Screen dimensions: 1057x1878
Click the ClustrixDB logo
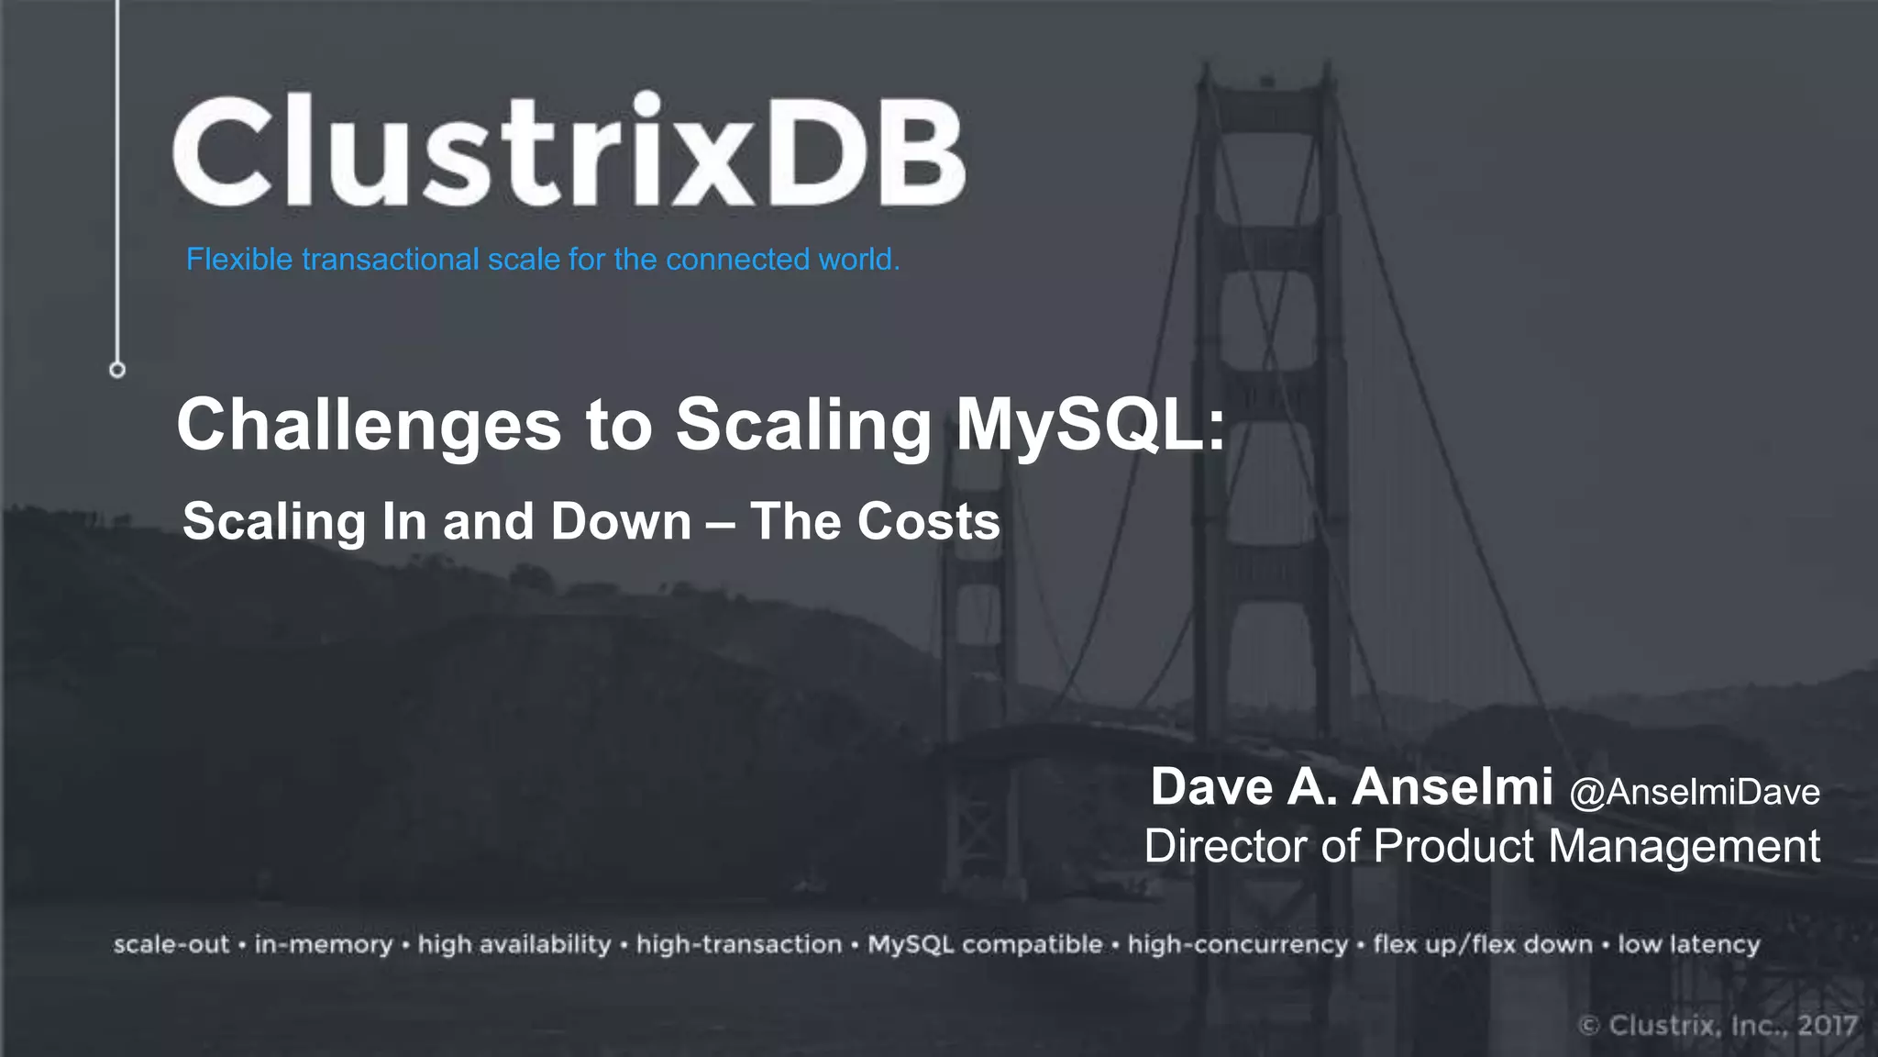pyautogui.click(x=569, y=151)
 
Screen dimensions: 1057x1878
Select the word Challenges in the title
pyautogui.click(x=369, y=425)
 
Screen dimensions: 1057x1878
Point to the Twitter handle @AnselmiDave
pyautogui.click(x=1695, y=792)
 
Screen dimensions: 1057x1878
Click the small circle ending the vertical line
pyautogui.click(x=117, y=370)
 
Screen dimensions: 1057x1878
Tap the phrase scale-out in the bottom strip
pyautogui.click(x=171, y=944)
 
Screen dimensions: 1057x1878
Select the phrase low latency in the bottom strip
pyautogui.click(x=1688, y=944)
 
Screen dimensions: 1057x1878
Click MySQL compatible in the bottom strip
pyautogui.click(x=985, y=944)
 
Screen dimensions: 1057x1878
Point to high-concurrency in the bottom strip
pyautogui.click(x=1238, y=944)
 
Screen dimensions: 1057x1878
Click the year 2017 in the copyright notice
pyautogui.click(x=1827, y=1025)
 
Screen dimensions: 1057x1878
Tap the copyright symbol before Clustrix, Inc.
pyautogui.click(x=1590, y=1025)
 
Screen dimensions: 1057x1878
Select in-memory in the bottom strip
pyautogui.click(x=324, y=944)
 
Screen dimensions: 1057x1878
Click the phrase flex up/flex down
pyautogui.click(x=1483, y=944)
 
